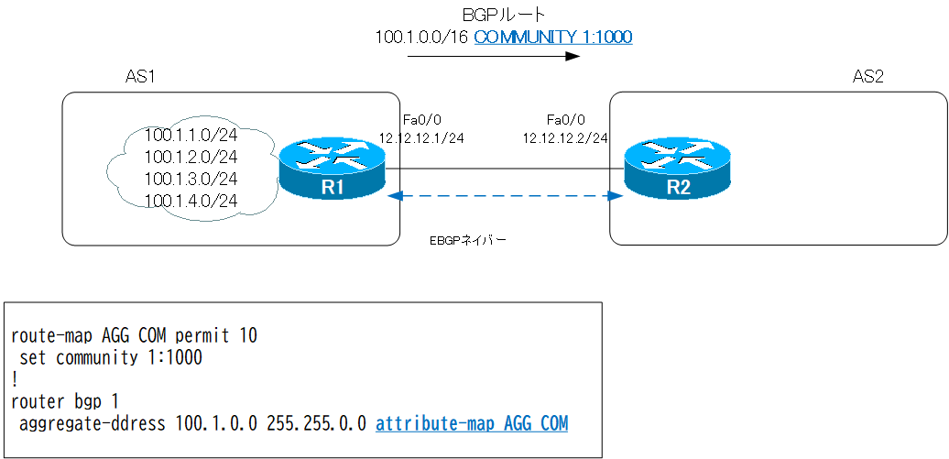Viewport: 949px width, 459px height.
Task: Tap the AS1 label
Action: pyautogui.click(x=139, y=78)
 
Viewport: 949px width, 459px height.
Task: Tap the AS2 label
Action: pyautogui.click(x=867, y=78)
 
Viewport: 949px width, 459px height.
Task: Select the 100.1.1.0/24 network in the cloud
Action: pyautogui.click(x=191, y=136)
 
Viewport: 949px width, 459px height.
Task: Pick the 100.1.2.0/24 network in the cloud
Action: pyautogui.click(x=191, y=157)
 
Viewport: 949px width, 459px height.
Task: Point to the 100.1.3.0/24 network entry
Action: pyautogui.click(x=191, y=179)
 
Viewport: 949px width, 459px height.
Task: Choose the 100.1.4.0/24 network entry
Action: pyautogui.click(x=191, y=200)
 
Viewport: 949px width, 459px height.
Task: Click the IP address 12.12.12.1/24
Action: pyautogui.click(x=421, y=138)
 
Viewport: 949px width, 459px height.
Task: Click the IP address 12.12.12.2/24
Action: pyautogui.click(x=565, y=138)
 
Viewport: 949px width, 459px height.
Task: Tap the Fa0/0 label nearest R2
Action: pyautogui.click(x=565, y=120)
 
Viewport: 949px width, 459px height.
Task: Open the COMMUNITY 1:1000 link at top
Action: pyautogui.click(x=552, y=37)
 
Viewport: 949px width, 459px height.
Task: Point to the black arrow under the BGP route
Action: pyautogui.click(x=494, y=57)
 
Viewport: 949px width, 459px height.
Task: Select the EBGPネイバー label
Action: pyautogui.click(x=468, y=241)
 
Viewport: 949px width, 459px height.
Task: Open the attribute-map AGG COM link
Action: pyautogui.click(x=471, y=423)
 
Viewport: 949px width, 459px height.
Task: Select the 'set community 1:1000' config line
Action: pyautogui.click(x=111, y=357)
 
